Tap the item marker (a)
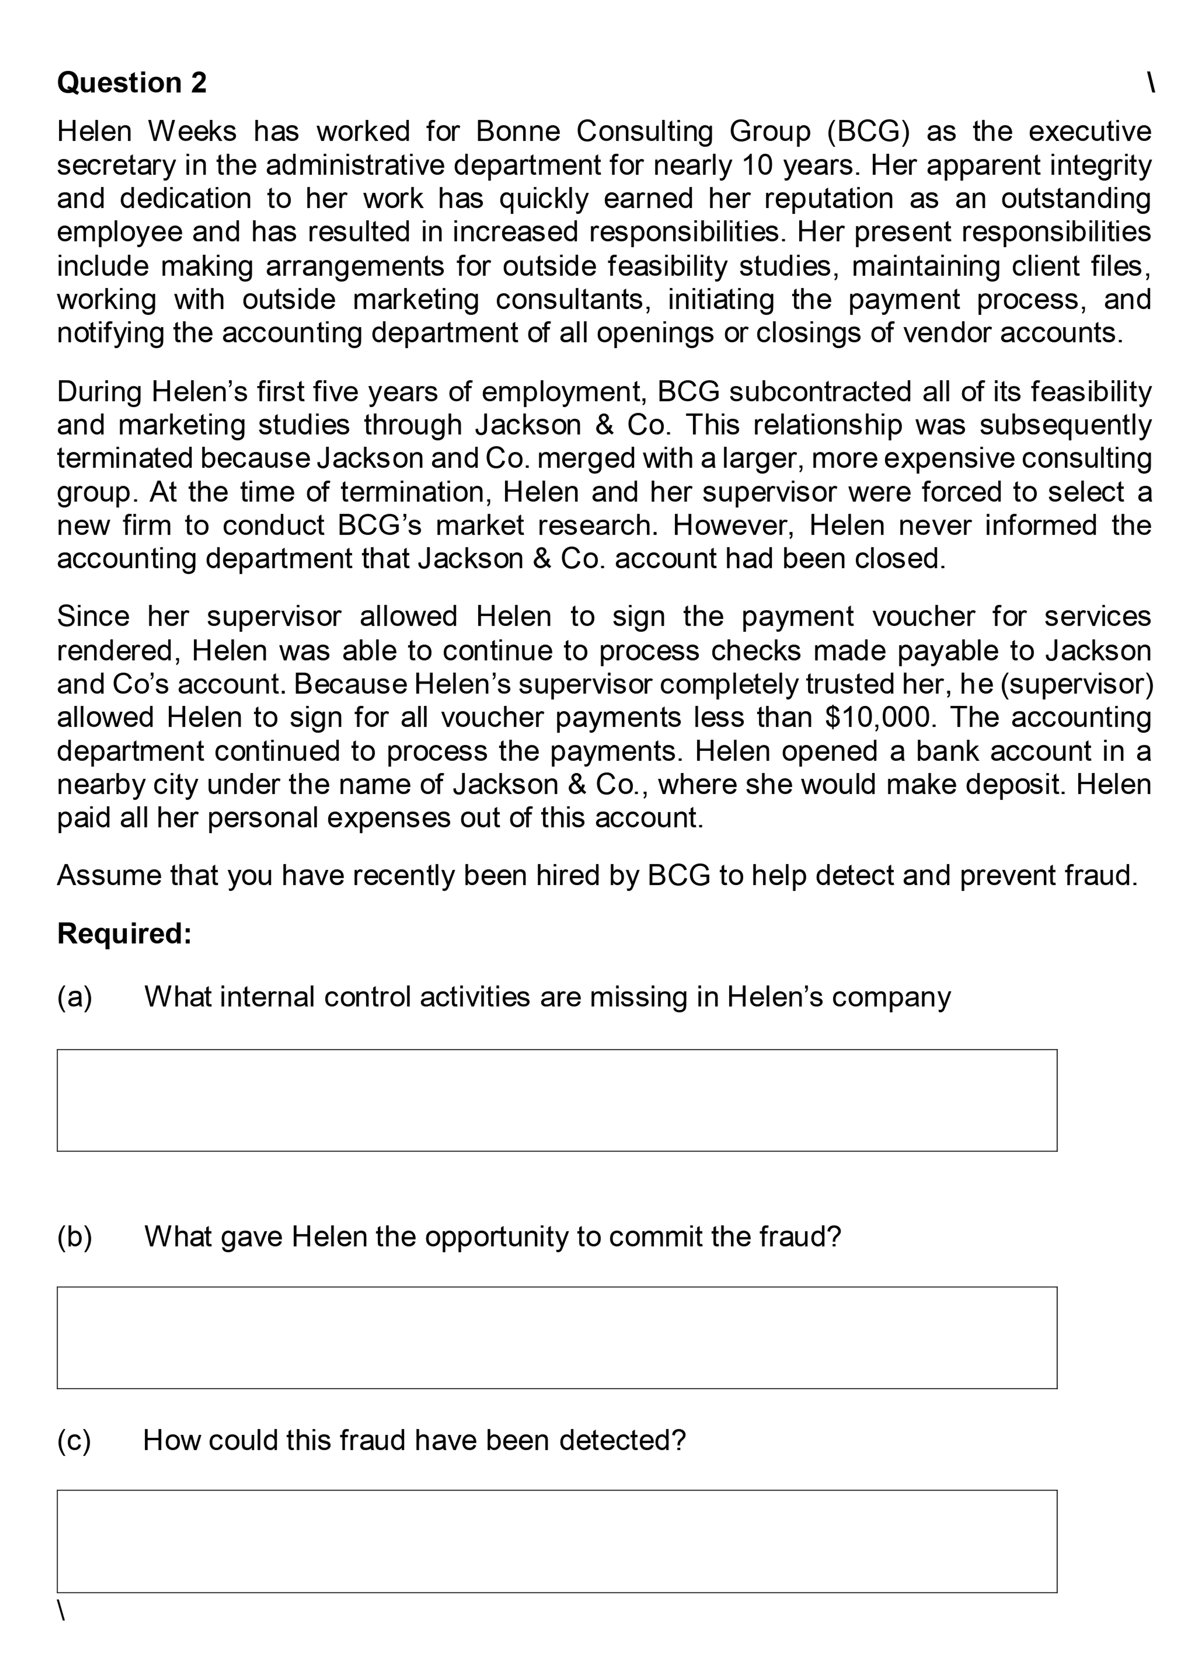[74, 997]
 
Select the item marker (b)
[74, 1237]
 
